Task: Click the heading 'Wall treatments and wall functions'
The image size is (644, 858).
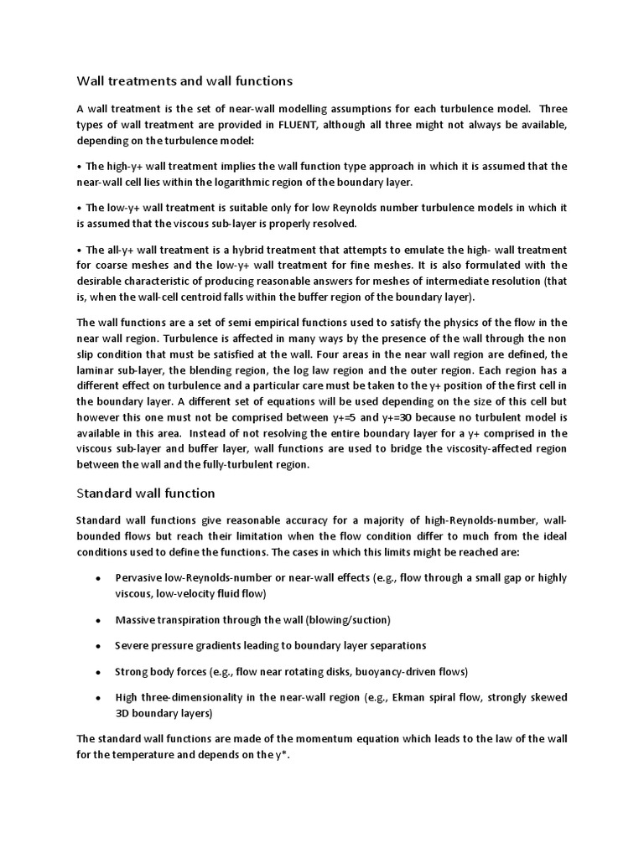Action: pos(184,81)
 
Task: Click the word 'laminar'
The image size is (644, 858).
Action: pos(97,370)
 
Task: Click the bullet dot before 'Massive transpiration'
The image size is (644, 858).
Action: pos(99,620)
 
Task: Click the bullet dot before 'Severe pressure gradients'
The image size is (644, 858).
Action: pos(99,646)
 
